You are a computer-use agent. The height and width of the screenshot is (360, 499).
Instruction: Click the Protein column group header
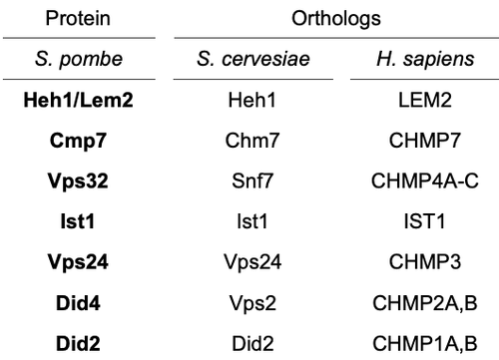pos(78,18)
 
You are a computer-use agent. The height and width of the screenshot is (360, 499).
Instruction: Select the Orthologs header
pos(336,19)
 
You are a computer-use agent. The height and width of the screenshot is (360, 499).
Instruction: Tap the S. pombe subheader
pos(79,60)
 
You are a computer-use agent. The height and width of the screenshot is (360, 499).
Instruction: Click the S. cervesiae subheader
pos(253,59)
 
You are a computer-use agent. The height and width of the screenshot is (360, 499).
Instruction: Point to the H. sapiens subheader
pos(425,60)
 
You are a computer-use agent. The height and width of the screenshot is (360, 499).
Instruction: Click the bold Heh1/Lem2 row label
pos(78,100)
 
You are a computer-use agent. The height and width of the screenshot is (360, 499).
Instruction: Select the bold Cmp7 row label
pos(78,141)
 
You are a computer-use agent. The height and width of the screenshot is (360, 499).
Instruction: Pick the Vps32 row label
pos(78,181)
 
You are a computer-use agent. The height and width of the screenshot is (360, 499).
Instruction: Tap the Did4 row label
pos(78,303)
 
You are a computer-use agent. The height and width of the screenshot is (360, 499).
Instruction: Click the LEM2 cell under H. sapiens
pos(425,100)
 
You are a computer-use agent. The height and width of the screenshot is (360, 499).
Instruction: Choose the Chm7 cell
pos(252,141)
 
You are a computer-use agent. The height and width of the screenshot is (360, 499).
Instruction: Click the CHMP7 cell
pos(425,141)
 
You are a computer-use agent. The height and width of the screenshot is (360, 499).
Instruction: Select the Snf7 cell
pos(252,181)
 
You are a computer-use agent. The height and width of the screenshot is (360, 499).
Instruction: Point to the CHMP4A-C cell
pos(425,181)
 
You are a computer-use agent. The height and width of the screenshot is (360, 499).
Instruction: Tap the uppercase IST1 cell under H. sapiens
pos(424,221)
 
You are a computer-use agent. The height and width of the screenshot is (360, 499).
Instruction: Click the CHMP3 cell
pos(425,262)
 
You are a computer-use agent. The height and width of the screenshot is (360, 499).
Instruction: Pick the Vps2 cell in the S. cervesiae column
pos(252,303)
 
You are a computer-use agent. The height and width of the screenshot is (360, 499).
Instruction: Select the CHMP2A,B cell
pos(425,303)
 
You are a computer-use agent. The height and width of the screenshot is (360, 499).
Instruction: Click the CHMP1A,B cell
pos(425,344)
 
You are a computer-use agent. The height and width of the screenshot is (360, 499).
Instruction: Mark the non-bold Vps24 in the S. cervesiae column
pos(252,262)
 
